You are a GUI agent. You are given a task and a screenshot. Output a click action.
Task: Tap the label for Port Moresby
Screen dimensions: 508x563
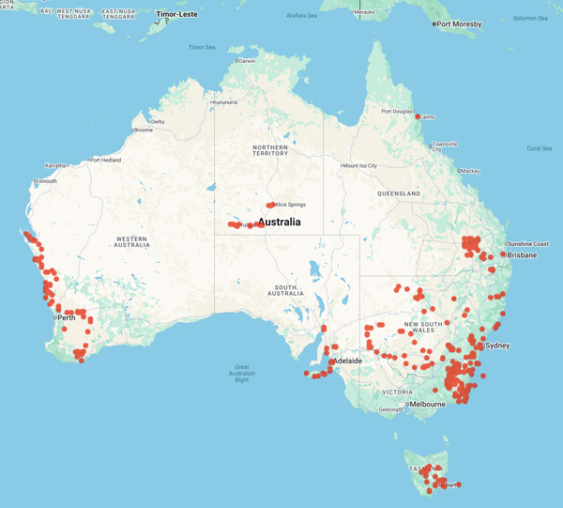(460, 23)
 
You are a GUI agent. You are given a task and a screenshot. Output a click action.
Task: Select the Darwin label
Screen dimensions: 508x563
(247, 61)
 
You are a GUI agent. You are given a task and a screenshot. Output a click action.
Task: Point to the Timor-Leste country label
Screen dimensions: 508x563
(177, 15)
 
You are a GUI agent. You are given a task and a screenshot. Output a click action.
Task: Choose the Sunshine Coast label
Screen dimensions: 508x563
(529, 243)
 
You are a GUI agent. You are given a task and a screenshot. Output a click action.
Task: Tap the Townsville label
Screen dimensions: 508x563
(445, 145)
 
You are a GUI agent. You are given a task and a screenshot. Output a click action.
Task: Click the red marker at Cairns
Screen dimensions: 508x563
(418, 116)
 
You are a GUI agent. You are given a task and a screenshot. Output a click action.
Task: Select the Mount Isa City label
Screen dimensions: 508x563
(359, 165)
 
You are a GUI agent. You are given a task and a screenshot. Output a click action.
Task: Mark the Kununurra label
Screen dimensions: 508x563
(226, 101)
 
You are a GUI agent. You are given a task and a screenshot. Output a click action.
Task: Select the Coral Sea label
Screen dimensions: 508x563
(540, 148)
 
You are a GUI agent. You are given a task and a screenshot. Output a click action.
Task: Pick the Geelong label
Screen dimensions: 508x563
(390, 409)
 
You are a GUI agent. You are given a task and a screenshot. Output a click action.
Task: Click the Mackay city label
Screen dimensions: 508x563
(470, 171)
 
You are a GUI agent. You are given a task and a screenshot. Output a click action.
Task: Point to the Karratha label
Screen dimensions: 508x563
(54, 164)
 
